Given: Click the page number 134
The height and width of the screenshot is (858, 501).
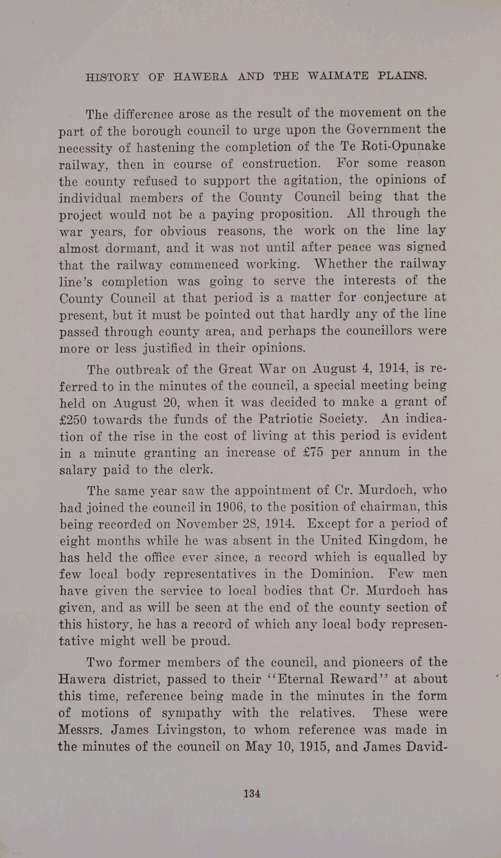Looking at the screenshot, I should click(252, 793).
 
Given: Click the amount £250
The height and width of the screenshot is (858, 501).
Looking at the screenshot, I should click(76, 420).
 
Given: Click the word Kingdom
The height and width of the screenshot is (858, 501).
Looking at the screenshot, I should click(392, 540).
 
